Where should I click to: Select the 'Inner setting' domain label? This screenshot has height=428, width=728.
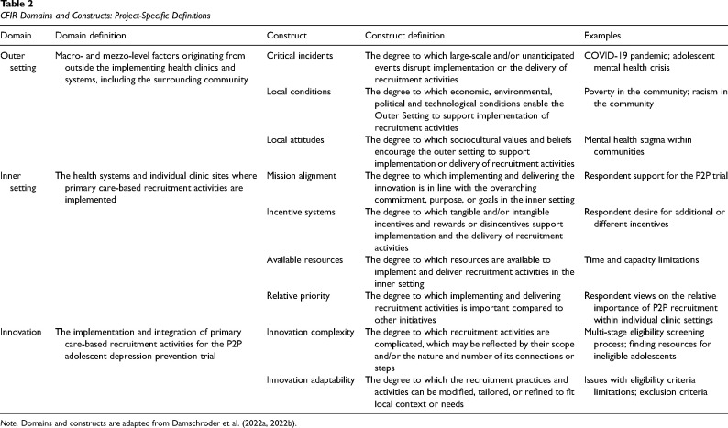pos(17,181)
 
